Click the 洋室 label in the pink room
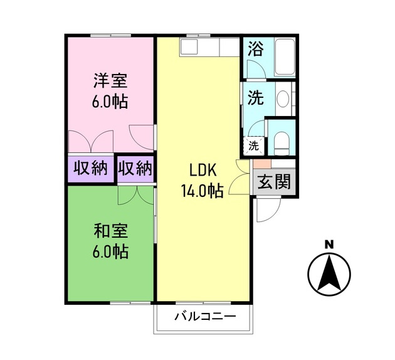coord(110,81)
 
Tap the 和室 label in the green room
coord(110,231)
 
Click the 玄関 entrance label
coord(274,183)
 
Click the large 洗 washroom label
coord(255,98)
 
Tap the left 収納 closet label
coord(91,168)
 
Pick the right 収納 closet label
coord(135,168)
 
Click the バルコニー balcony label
coord(205,316)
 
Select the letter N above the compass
coord(329,244)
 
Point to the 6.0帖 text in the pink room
coord(110,102)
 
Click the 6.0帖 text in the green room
coord(110,252)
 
